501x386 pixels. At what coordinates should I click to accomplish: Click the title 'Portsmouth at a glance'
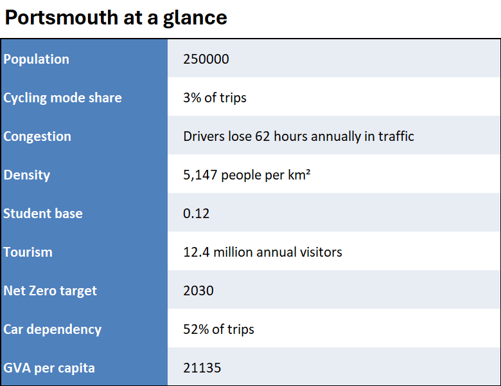tap(116, 17)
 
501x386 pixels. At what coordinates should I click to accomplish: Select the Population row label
tap(36, 59)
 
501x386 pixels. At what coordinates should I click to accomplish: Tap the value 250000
tap(206, 59)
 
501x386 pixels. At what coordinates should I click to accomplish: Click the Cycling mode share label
tap(62, 98)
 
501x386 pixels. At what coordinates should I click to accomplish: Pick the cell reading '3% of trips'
tap(215, 98)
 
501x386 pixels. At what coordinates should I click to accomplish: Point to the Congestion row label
tap(37, 136)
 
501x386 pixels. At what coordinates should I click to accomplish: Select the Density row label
tap(26, 175)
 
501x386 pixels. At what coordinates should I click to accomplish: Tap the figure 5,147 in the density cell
tap(200, 175)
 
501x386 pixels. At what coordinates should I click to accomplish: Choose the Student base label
tap(43, 214)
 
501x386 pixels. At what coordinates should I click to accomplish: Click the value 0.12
tap(196, 214)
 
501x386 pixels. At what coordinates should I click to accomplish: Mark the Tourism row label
tap(28, 252)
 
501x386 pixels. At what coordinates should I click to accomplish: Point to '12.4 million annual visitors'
tap(262, 252)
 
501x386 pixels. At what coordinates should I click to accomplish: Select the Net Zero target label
tap(50, 291)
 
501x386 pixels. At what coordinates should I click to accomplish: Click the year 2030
tap(198, 291)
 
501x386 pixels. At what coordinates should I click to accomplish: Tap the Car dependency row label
tap(52, 329)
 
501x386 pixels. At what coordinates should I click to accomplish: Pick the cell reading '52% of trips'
tap(218, 329)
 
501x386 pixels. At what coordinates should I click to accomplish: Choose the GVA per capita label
tap(49, 368)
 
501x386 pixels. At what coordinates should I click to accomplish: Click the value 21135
tap(202, 368)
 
